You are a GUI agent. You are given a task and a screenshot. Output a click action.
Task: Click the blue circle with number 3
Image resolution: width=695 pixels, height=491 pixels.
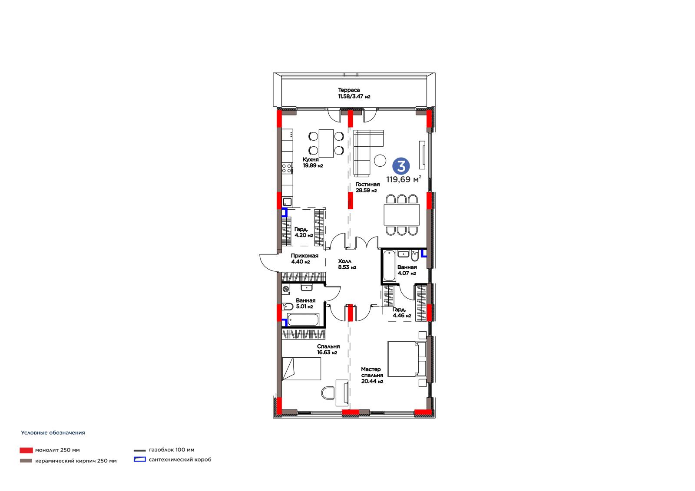click(x=401, y=166)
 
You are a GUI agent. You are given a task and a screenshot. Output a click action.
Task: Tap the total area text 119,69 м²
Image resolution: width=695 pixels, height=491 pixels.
click(x=404, y=179)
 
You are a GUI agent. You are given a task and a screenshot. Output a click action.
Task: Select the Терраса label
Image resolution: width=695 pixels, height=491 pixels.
click(x=349, y=90)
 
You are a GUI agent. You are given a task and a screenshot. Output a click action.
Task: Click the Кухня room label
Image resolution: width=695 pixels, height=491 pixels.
click(x=311, y=159)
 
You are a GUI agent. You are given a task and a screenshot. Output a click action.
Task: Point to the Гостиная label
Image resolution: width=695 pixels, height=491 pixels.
click(x=367, y=184)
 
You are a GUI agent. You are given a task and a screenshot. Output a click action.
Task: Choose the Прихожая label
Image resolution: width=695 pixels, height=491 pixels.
click(x=304, y=256)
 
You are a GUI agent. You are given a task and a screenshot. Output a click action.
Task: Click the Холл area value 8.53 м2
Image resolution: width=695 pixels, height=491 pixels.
click(x=347, y=267)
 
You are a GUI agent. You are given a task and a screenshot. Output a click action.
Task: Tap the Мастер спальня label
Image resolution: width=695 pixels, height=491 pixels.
click(x=372, y=372)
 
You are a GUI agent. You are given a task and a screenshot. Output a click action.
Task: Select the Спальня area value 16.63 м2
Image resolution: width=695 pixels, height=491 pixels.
click(x=327, y=353)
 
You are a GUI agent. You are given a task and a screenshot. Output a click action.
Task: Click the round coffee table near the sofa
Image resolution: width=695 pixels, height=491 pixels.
click(x=380, y=160)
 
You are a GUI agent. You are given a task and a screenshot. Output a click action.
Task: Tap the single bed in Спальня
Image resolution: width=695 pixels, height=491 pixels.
click(x=301, y=369)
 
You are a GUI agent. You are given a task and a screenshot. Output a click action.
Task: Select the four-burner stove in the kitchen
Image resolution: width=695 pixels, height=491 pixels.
click(x=287, y=168)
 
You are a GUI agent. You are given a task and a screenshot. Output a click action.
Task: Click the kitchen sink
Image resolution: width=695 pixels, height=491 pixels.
click(x=287, y=202)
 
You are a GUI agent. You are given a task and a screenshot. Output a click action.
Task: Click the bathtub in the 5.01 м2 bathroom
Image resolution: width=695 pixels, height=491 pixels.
click(x=303, y=320)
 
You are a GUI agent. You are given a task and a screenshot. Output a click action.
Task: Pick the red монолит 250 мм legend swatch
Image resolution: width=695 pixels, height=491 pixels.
click(x=26, y=450)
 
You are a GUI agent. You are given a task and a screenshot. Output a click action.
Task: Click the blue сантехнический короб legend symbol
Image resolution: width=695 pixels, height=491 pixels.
click(x=139, y=459)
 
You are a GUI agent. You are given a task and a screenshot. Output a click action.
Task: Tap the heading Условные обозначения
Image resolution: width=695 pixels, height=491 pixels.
click(x=53, y=433)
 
